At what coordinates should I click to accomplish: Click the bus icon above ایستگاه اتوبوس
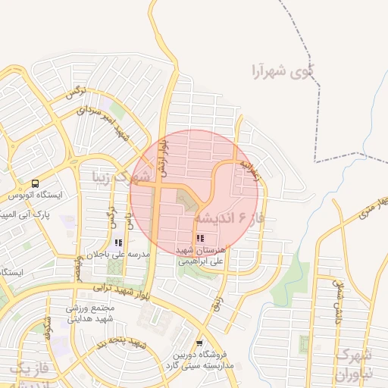tap(36, 184)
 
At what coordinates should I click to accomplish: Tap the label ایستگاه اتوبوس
tap(36, 196)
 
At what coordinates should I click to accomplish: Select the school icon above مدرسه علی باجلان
tap(117, 242)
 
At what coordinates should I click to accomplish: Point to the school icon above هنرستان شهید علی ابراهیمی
tap(200, 239)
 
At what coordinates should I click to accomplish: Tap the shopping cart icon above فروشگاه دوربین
tap(199, 343)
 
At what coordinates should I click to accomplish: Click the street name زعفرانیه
tap(249, 171)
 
